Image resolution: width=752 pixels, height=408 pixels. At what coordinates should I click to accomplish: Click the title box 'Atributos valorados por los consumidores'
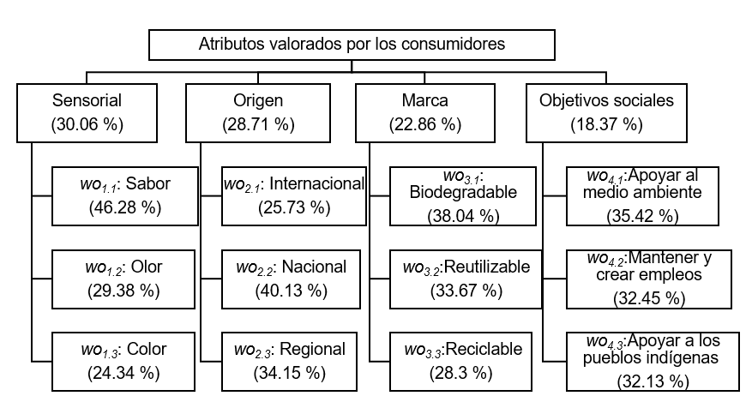[x=352, y=45]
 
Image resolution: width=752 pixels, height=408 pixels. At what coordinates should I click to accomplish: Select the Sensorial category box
[x=87, y=113]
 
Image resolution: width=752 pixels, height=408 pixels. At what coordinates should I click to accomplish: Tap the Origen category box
[x=258, y=113]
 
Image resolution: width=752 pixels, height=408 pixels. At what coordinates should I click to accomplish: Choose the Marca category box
[x=425, y=113]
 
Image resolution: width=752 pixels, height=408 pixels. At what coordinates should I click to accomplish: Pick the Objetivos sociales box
[x=606, y=113]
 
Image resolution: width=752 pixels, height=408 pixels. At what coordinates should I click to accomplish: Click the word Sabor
[x=148, y=183]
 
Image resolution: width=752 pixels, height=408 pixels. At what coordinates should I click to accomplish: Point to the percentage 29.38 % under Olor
[x=123, y=291]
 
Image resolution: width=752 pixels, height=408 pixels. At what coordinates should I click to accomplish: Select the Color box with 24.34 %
[x=123, y=362]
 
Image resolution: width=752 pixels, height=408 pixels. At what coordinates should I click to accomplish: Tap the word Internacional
[x=316, y=183]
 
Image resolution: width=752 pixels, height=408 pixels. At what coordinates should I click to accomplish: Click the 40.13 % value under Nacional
[x=292, y=291]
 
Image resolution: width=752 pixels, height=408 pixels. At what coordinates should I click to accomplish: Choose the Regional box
[x=289, y=362]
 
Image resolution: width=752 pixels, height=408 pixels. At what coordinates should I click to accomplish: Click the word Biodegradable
[x=463, y=192]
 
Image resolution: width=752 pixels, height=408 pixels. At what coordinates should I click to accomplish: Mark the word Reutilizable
[x=487, y=267]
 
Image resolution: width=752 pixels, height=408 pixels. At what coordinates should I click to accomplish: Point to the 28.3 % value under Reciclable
[x=460, y=373]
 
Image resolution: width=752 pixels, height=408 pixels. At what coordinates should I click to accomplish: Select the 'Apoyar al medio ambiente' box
[x=642, y=196]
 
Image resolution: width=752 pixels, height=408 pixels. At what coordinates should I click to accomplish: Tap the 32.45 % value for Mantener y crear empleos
[x=649, y=298]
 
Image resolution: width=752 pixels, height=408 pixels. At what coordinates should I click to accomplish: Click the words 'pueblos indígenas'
[x=651, y=358]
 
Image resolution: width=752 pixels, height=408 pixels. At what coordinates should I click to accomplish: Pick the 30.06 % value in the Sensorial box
[x=87, y=124]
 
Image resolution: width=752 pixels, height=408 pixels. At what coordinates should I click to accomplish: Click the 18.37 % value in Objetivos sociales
[x=607, y=124]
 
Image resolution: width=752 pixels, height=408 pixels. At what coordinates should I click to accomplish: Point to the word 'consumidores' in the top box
[x=454, y=44]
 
